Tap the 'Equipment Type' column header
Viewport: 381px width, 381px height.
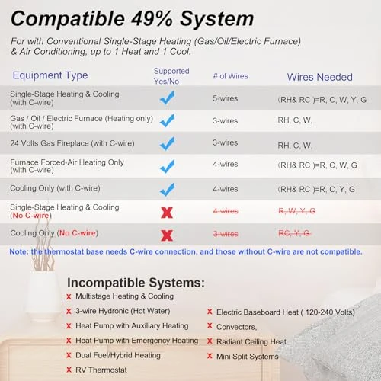pos(50,75)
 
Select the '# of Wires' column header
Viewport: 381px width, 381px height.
pos(230,75)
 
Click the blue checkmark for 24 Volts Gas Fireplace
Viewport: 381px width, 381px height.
pos(167,143)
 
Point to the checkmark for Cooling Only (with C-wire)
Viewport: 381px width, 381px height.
pos(167,188)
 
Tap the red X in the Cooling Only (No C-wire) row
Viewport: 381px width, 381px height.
pos(167,234)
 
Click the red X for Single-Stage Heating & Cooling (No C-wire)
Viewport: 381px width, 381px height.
pos(167,211)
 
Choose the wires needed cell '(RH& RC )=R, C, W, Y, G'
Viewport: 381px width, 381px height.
pos(320,98)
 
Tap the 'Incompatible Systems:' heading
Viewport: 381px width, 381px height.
pos(136,282)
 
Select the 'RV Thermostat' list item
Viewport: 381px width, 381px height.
pos(104,370)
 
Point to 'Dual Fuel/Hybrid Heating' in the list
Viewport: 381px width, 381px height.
pos(117,355)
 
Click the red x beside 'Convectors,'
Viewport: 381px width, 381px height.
pos(210,327)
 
